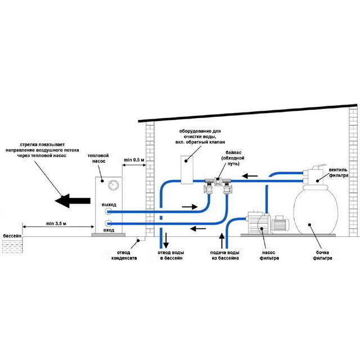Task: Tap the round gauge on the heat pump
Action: pyautogui.click(x=114, y=185)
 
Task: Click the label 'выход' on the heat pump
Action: pyautogui.click(x=109, y=204)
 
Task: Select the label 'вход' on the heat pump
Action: pyautogui.click(x=109, y=230)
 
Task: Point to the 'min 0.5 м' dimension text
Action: pyautogui.click(x=134, y=161)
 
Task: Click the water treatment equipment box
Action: pyautogui.click(x=187, y=168)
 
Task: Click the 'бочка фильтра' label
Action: pyautogui.click(x=321, y=255)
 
